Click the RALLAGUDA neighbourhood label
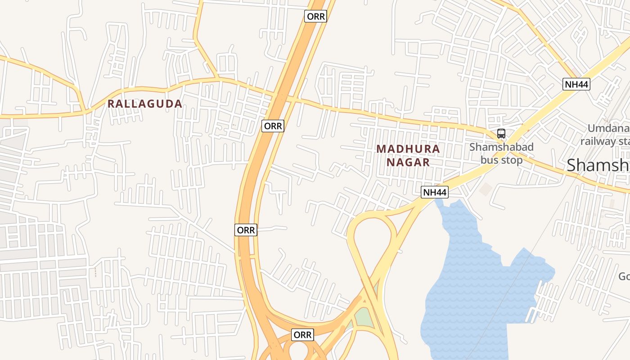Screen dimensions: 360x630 pyautogui.click(x=144, y=104)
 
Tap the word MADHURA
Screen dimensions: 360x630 pyautogui.click(x=408, y=148)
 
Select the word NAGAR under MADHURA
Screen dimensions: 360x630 pyautogui.click(x=408, y=162)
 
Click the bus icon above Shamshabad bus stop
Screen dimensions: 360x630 pyautogui.click(x=501, y=134)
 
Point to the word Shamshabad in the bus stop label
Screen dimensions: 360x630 pyautogui.click(x=501, y=147)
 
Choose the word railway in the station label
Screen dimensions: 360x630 pyautogui.click(x=598, y=141)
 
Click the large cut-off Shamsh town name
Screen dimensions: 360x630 pyautogui.click(x=598, y=165)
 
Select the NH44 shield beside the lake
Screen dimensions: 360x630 pyautogui.click(x=435, y=193)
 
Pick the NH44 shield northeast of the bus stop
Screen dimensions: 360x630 pyautogui.click(x=576, y=84)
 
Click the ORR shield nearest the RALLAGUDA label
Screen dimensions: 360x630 pyautogui.click(x=273, y=126)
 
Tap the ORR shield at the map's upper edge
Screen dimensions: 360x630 pyautogui.click(x=315, y=17)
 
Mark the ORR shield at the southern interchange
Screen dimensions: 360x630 pyautogui.click(x=302, y=335)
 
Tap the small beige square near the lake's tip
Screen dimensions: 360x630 pyautogui.click(x=486, y=189)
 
